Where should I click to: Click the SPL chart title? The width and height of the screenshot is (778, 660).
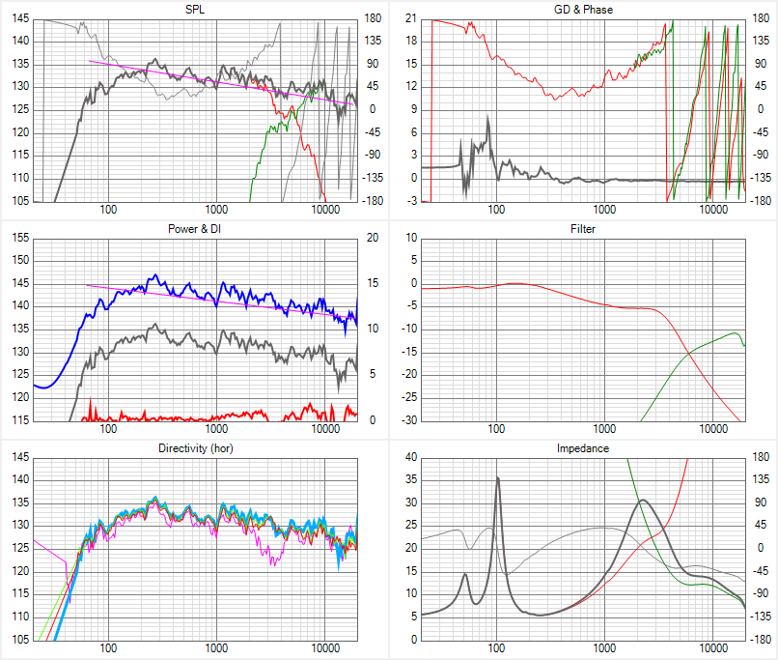point(195,10)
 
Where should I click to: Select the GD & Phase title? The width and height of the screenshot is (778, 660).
point(583,10)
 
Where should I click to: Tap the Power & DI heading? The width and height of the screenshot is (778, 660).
point(195,229)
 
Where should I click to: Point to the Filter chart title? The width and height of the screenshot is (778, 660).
point(583,229)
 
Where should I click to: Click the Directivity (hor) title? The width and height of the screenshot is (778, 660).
point(196,448)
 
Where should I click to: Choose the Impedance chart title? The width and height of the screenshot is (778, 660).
point(582,448)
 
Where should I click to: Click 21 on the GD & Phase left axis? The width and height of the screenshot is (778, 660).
point(411,18)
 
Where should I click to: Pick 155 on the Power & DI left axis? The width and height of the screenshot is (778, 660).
point(20,238)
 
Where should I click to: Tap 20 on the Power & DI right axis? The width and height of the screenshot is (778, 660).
point(373,238)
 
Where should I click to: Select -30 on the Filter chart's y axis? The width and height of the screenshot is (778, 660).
point(409,420)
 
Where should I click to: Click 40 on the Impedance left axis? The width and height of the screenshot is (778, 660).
point(411,457)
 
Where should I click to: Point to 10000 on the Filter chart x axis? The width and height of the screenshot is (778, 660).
point(713,429)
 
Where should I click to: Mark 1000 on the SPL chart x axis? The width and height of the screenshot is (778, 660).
point(216,209)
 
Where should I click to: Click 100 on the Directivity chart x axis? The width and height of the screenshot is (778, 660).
point(108,648)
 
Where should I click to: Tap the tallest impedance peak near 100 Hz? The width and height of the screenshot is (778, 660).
point(498,477)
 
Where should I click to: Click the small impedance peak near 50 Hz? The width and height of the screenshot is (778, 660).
point(465,574)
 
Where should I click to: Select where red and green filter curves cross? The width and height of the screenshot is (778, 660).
point(688,352)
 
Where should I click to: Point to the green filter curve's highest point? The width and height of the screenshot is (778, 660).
point(735,332)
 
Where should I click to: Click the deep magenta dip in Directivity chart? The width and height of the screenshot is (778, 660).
point(272,562)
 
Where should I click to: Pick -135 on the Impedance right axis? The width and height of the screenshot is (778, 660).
point(760,617)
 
